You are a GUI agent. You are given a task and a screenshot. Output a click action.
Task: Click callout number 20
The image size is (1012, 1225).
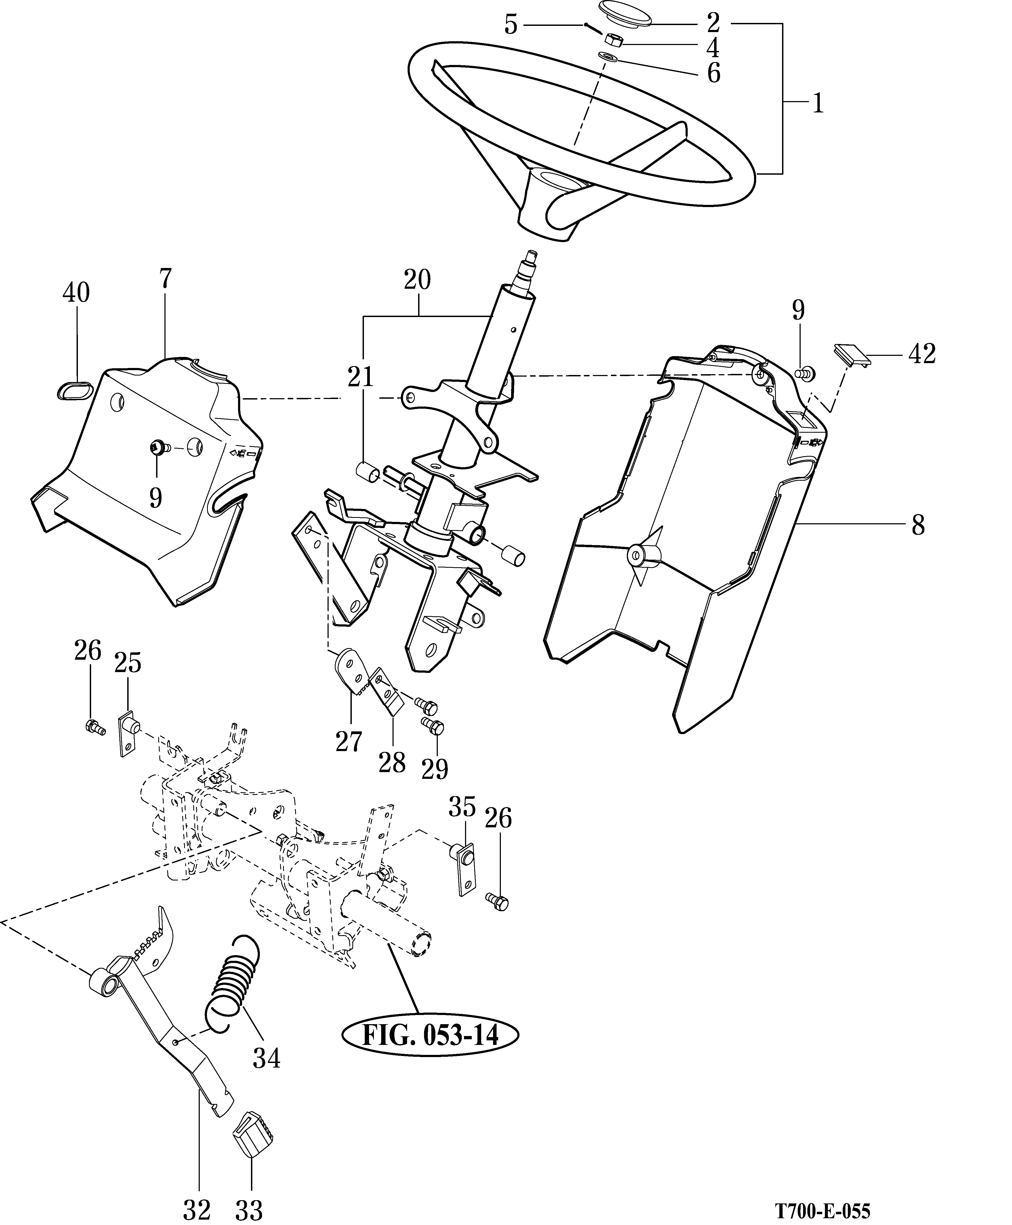click(417, 280)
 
